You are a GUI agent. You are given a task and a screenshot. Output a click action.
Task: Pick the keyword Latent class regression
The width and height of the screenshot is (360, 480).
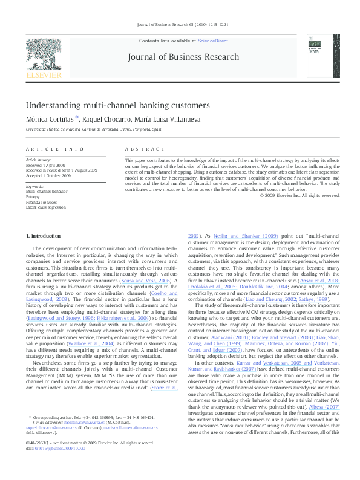pos(45,207)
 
